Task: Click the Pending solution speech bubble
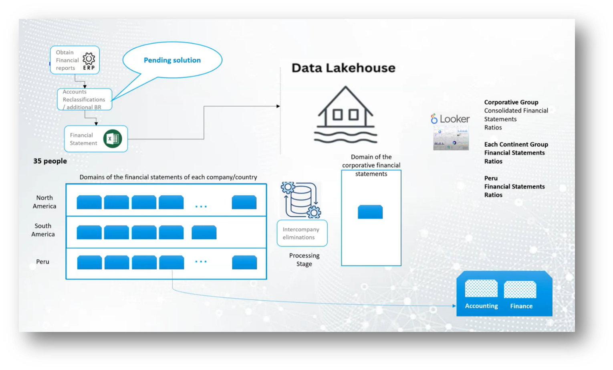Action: [x=172, y=60]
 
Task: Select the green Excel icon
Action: [x=113, y=139]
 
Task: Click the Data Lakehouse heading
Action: [x=343, y=68]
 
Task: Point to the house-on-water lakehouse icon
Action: [x=345, y=115]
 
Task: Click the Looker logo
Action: [x=450, y=119]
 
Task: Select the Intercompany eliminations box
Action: [x=302, y=233]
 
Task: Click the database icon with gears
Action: [x=301, y=200]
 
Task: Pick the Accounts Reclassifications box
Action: [x=84, y=99]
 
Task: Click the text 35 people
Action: [x=50, y=161]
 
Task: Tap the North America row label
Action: [x=44, y=202]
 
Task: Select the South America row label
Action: [x=43, y=230]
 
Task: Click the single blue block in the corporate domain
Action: [x=370, y=212]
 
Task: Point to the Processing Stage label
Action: [x=304, y=260]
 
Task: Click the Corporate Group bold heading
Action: [x=511, y=102]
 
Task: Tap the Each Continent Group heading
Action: [x=516, y=144]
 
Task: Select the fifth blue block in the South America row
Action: [x=204, y=233]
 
